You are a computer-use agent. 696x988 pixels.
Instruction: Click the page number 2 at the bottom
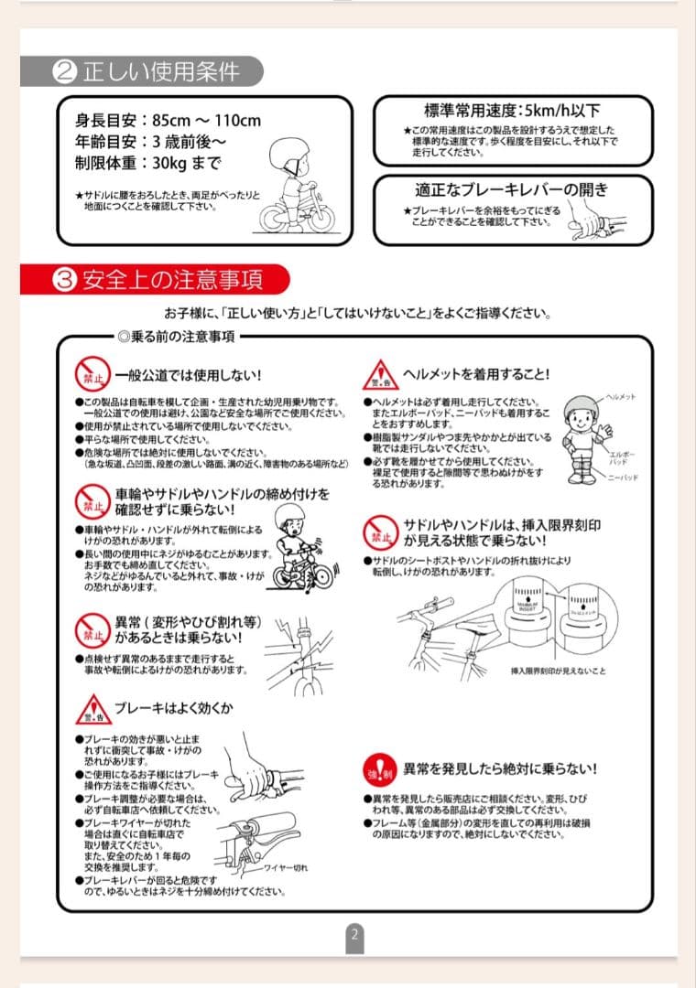coord(354,934)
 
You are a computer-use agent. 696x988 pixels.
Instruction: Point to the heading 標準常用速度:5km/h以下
coord(515,111)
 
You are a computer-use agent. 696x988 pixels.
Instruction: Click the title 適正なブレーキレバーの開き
coord(511,190)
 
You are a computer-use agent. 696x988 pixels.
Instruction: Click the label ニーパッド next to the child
coord(622,478)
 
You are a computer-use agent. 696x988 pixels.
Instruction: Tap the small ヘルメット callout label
coord(621,397)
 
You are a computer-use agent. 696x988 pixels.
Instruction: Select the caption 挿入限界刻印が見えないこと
coord(558,671)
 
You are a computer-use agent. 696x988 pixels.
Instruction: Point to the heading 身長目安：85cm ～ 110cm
coord(168,121)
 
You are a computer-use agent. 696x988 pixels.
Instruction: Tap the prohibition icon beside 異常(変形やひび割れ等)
coord(92,630)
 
